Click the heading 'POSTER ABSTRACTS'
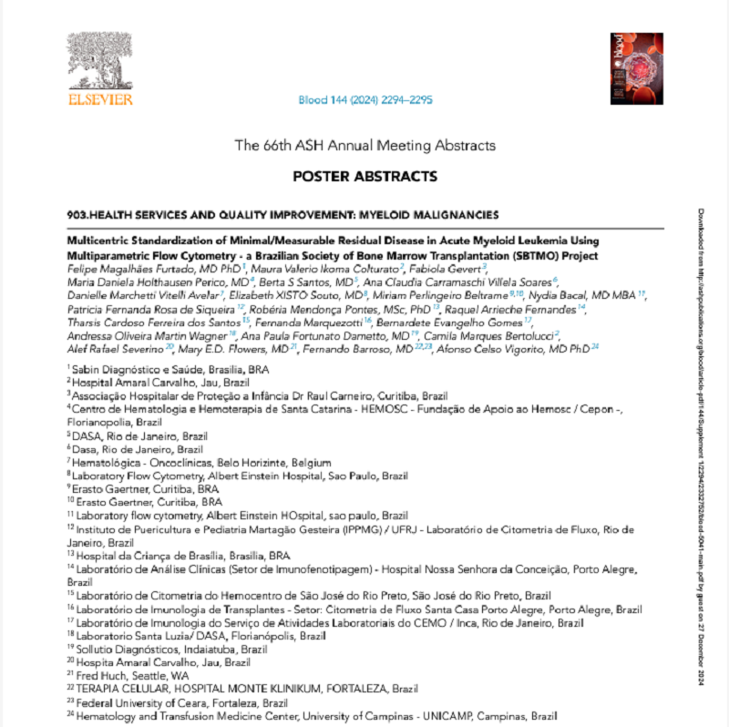364,176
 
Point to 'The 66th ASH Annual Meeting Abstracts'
364,145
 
